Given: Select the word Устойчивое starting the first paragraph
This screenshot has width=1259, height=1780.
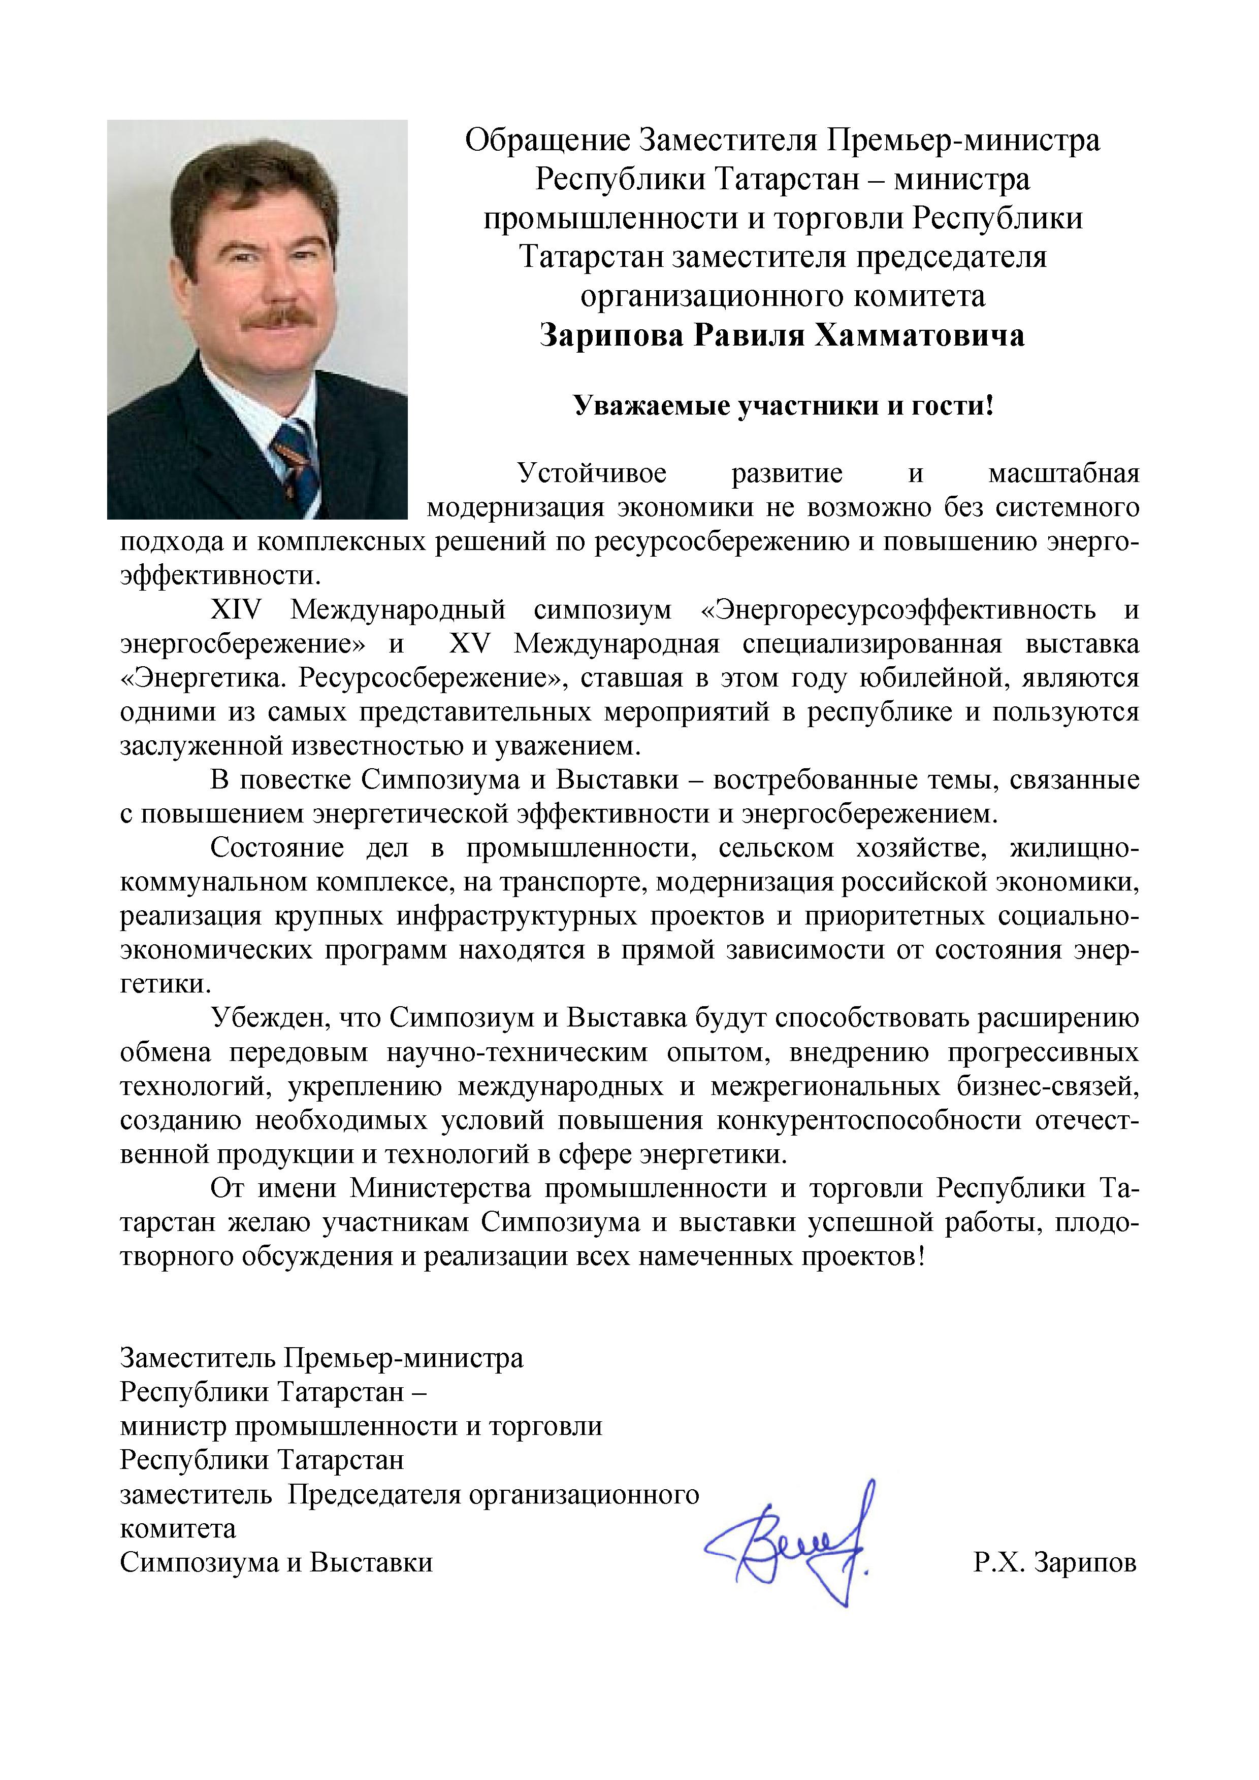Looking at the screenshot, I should (x=592, y=473).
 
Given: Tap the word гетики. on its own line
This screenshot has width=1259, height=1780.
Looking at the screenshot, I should (x=165, y=984).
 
